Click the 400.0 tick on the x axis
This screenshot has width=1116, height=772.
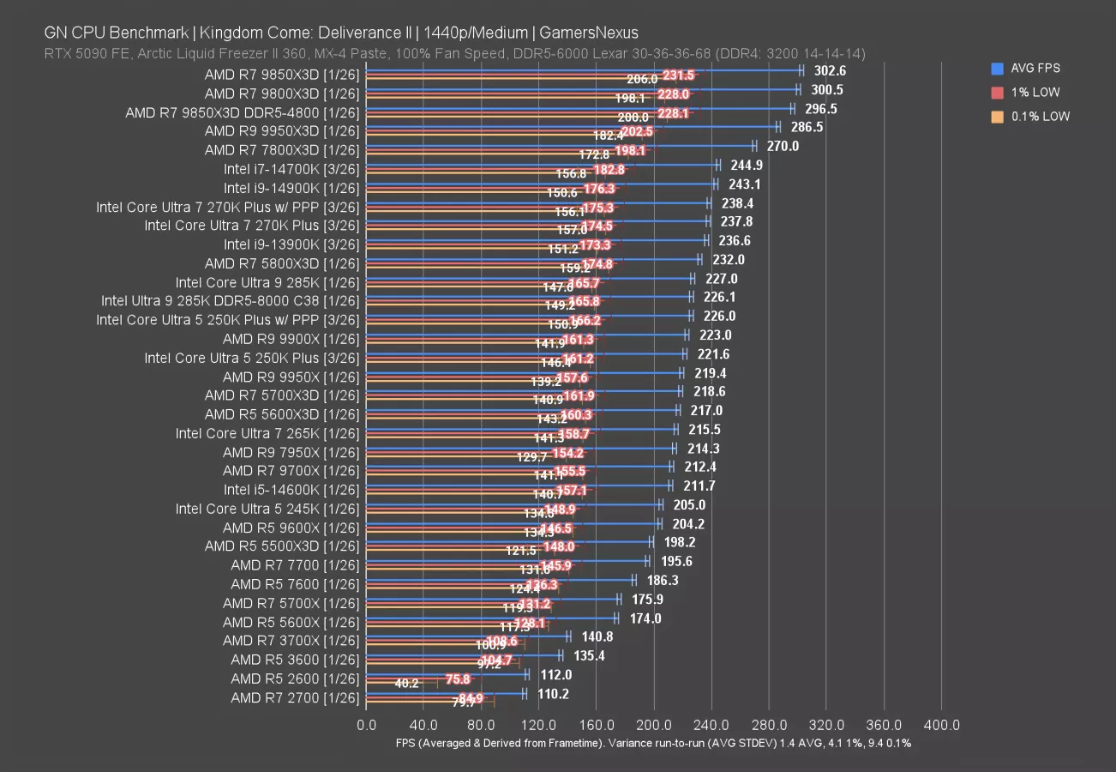[941, 725]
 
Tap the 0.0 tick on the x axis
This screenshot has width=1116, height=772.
[366, 725]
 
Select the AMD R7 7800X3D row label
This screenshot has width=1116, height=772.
[282, 149]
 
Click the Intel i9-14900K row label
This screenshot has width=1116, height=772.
[291, 187]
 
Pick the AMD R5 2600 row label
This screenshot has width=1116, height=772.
[295, 679]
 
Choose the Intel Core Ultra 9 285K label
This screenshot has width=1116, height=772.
[267, 281]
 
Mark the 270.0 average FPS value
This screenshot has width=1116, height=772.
[782, 147]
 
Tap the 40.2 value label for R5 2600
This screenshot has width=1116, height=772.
[406, 684]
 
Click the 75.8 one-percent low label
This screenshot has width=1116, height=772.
[458, 679]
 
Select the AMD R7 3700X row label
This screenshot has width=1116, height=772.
[291, 641]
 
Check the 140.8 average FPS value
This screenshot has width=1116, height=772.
[597, 637]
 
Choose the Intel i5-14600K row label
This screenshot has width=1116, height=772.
[291, 490]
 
